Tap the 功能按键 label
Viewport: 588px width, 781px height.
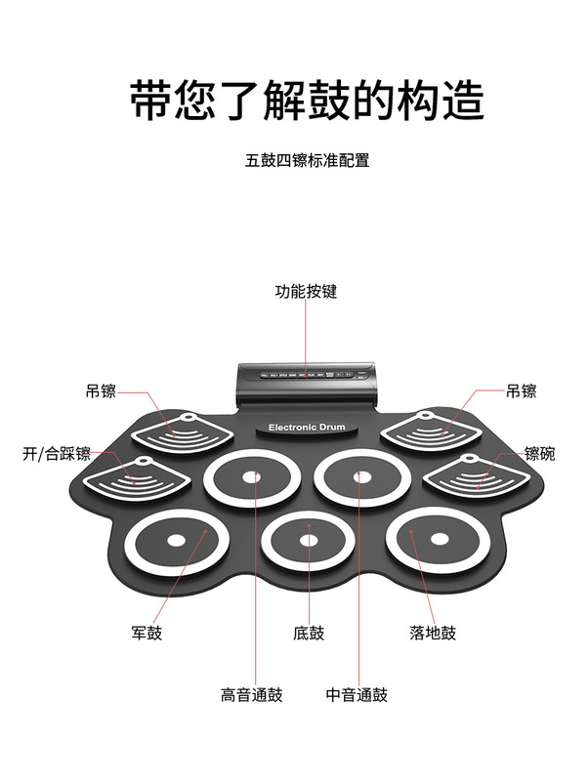(x=306, y=291)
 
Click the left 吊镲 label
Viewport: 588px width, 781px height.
(x=101, y=391)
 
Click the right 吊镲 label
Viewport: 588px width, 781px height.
(x=521, y=391)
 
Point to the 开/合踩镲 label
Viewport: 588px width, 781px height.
(x=57, y=454)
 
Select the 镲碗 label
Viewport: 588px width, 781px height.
(x=539, y=454)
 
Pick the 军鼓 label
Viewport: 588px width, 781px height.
(x=147, y=633)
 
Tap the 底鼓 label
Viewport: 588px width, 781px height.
(x=309, y=633)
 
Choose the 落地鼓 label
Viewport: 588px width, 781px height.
(x=433, y=633)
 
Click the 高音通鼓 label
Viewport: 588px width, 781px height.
(x=251, y=695)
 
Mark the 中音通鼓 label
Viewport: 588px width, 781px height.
(x=357, y=695)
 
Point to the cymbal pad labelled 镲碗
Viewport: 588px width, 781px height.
(x=477, y=476)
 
